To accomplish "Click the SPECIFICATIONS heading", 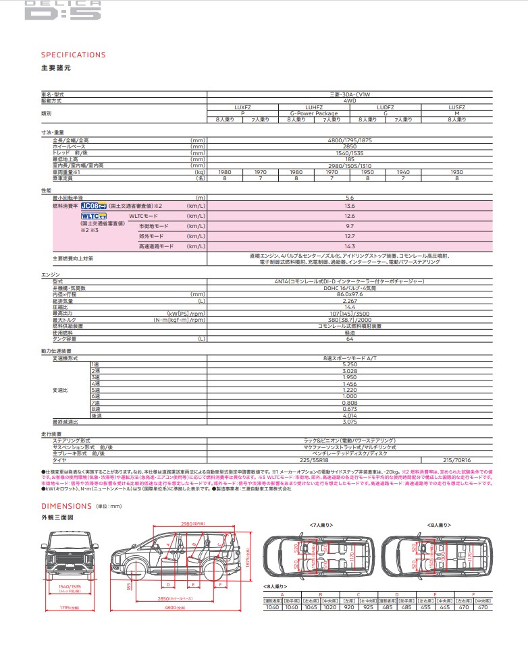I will (74, 55).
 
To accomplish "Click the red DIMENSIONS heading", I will (66, 506).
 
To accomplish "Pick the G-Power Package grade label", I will (313, 113).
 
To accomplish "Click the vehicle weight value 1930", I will (457, 172).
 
